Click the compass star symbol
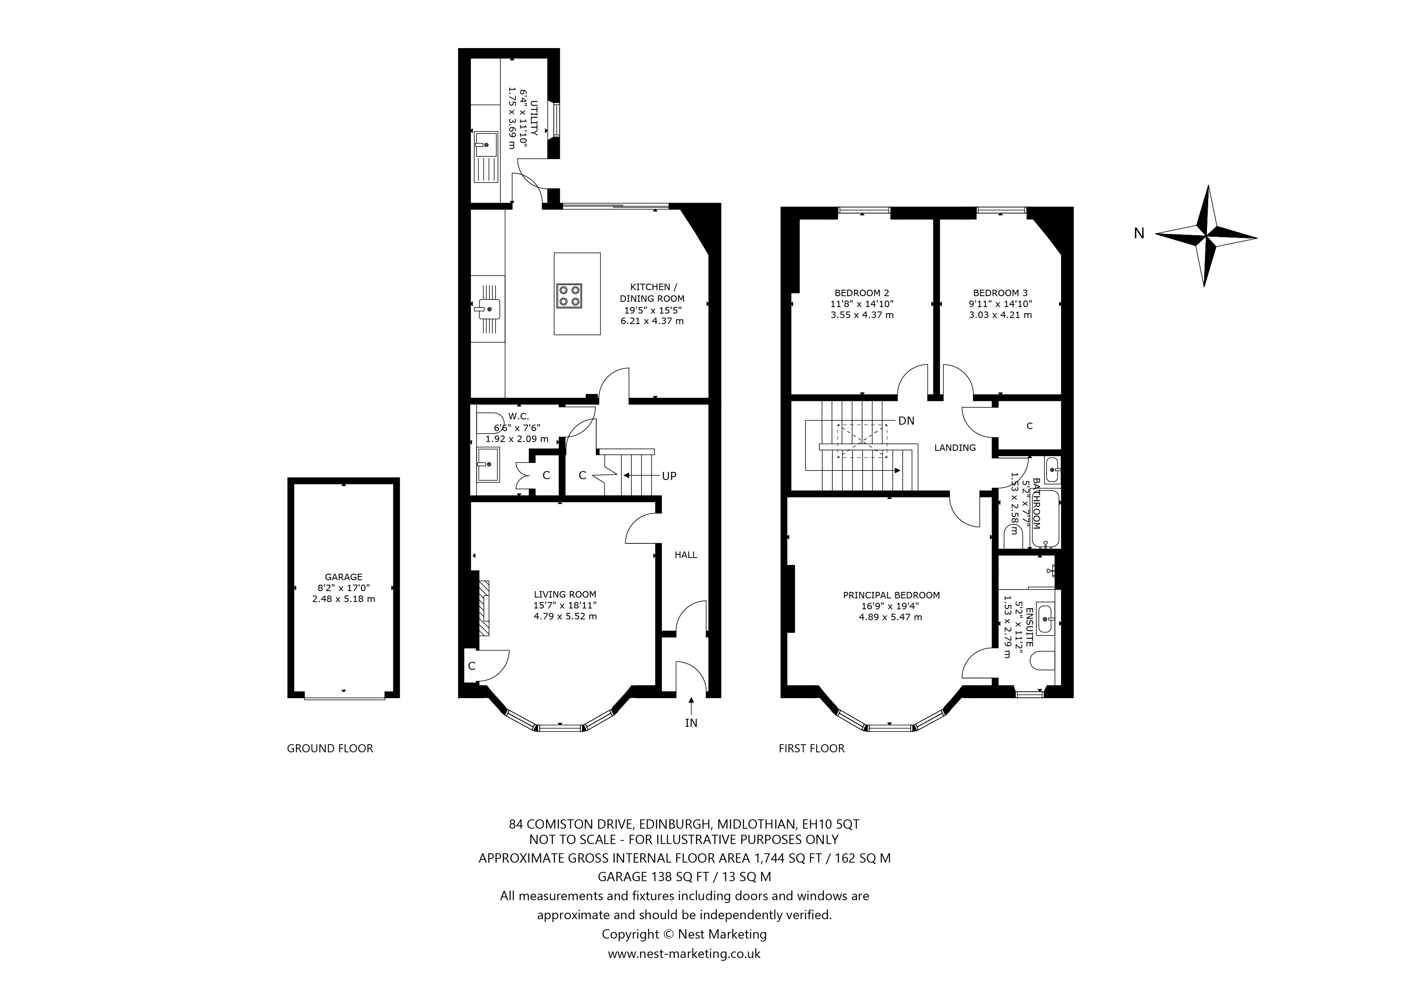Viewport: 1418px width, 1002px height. coord(1205,236)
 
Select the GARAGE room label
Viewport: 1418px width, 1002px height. coord(343,577)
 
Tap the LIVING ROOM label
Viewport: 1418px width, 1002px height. coord(565,594)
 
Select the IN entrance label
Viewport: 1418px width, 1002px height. coord(691,722)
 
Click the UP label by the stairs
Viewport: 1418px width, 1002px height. coord(669,476)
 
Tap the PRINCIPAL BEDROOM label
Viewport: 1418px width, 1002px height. coord(891,595)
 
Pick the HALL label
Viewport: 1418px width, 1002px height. coord(686,554)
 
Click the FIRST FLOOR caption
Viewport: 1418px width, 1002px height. coord(812,748)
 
